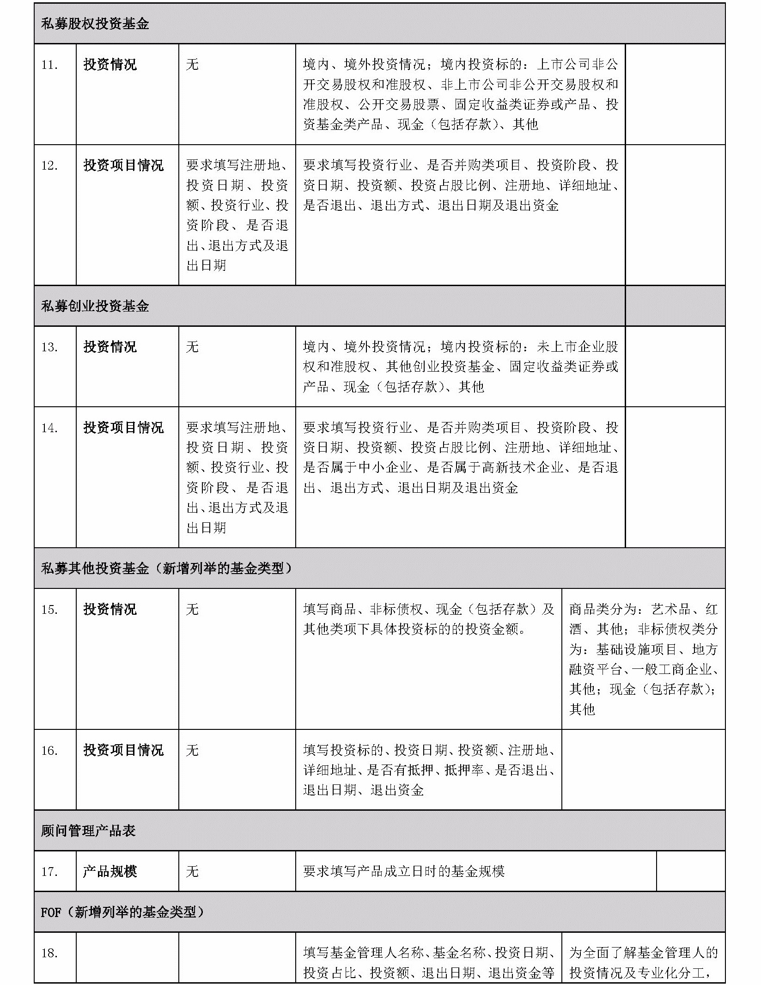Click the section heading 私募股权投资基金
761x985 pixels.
tap(95, 24)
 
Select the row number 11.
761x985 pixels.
tap(49, 65)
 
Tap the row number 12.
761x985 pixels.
tap(49, 166)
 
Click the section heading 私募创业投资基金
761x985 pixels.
tap(95, 306)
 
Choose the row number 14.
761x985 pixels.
tap(49, 428)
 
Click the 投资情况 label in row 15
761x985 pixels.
tap(110, 609)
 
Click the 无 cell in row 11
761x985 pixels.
tap(192, 65)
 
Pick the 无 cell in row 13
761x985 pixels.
tap(192, 347)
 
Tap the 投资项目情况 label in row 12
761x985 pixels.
tap(123, 165)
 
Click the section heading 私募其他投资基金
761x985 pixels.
tap(95, 568)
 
